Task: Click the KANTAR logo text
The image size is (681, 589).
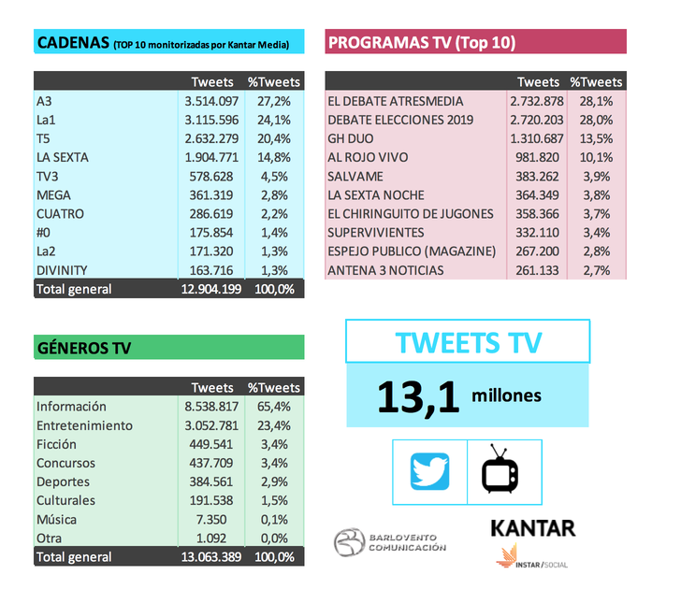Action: pos(532,527)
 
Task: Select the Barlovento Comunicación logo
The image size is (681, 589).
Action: pos(391,542)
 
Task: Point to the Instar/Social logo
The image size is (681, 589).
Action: pos(532,559)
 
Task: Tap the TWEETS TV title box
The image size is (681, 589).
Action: pos(468,341)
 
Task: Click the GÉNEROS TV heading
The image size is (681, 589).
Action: pos(83,348)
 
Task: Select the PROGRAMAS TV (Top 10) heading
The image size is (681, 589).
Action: pos(422,42)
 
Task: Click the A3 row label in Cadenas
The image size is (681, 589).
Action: pos(45,101)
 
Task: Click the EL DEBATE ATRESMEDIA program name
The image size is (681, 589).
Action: pos(395,101)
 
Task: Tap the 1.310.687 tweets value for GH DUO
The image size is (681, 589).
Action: pos(537,138)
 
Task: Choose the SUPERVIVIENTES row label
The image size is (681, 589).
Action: pos(375,233)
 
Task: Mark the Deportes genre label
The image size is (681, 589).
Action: pos(63,481)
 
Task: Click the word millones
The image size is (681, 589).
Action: pos(506,395)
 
